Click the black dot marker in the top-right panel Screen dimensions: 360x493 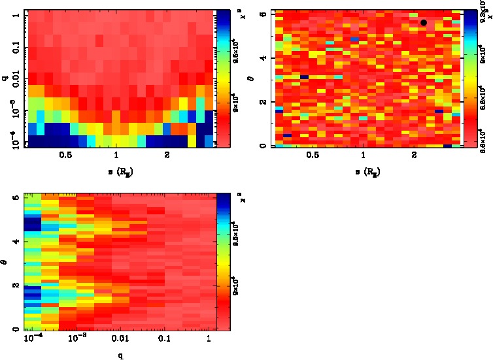pyautogui.click(x=424, y=23)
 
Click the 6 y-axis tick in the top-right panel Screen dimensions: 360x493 pyautogui.click(x=262, y=14)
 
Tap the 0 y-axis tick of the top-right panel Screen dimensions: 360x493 pyautogui.click(x=262, y=145)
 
